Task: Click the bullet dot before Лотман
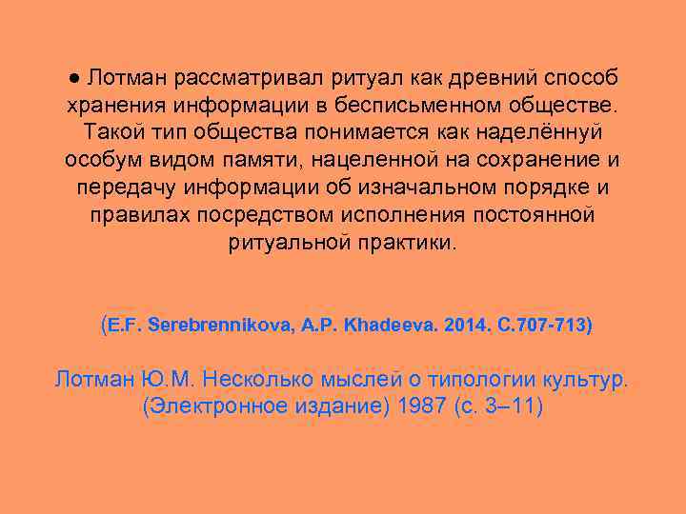point(74,75)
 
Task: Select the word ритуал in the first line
point(363,75)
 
